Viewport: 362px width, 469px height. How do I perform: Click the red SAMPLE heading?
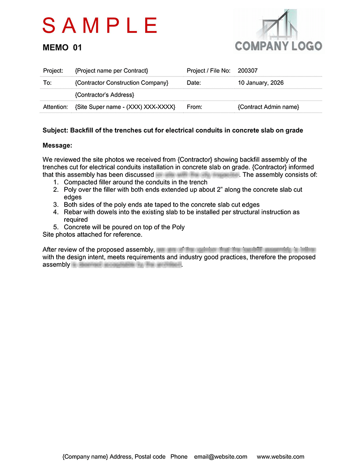[x=100, y=25]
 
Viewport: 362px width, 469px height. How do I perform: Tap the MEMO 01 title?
[x=62, y=47]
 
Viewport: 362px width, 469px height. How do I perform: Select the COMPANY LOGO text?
[x=278, y=46]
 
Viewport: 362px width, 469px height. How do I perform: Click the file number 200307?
[x=248, y=71]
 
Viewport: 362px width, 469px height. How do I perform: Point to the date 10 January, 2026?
[x=261, y=83]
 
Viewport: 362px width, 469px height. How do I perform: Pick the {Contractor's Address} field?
[x=104, y=95]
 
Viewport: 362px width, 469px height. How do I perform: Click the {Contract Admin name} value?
[x=268, y=107]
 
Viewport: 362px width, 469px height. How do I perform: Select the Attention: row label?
[x=56, y=107]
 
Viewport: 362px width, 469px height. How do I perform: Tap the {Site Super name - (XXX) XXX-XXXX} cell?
[x=125, y=107]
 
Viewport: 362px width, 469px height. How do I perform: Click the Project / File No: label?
[x=208, y=71]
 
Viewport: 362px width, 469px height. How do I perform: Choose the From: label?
[x=194, y=107]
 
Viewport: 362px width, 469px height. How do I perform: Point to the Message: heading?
[x=57, y=145]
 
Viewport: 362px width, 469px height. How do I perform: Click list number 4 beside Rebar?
[x=55, y=212]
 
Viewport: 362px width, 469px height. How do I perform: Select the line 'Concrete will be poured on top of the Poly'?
[x=124, y=227]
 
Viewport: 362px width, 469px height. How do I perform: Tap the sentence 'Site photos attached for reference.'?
[x=92, y=234]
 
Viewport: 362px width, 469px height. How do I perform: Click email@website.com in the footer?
[x=220, y=456]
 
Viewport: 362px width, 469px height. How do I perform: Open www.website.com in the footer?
[x=281, y=456]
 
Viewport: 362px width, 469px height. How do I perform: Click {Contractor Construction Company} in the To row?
[x=122, y=83]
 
